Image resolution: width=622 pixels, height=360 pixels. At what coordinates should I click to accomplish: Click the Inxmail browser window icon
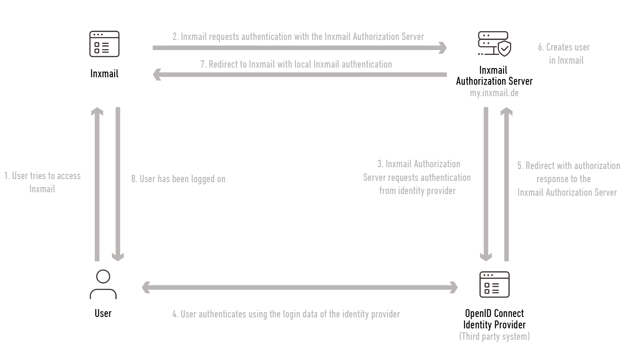click(x=104, y=44)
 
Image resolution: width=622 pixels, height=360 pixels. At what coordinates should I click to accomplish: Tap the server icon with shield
click(x=494, y=43)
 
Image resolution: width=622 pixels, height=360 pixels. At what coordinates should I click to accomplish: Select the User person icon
click(x=103, y=284)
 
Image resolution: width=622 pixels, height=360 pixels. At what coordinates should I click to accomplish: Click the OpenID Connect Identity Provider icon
click(x=494, y=284)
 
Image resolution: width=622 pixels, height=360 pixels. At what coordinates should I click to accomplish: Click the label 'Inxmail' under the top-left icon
click(x=104, y=74)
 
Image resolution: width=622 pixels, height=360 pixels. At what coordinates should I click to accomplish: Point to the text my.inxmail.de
click(x=494, y=93)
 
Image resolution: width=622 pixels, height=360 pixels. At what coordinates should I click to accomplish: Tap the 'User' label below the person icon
click(x=103, y=313)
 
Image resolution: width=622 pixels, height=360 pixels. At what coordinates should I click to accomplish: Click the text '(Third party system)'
click(x=494, y=336)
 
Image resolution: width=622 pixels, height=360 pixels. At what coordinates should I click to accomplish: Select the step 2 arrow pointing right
click(x=300, y=48)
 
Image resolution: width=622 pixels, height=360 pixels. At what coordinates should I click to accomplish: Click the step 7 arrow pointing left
click(x=300, y=75)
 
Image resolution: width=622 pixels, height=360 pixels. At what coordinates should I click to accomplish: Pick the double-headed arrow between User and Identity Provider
click(x=300, y=288)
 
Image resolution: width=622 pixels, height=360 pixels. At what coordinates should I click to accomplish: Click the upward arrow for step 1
click(x=97, y=184)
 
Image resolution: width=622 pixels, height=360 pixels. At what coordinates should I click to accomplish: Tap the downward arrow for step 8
click(x=118, y=184)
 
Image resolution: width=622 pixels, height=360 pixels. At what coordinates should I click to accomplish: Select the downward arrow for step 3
click(x=486, y=184)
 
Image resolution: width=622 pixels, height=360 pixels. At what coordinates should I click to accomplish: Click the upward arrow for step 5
click(x=507, y=184)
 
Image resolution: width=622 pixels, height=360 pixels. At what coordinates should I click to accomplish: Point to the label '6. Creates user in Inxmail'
click(x=564, y=54)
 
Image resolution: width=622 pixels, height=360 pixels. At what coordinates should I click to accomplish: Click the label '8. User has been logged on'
click(x=178, y=179)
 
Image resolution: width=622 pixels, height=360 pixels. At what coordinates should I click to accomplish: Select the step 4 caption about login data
click(x=286, y=314)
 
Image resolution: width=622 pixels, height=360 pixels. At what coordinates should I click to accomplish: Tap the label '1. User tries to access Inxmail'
click(x=43, y=182)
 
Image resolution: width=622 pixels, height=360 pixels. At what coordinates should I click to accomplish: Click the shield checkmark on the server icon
click(x=504, y=49)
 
